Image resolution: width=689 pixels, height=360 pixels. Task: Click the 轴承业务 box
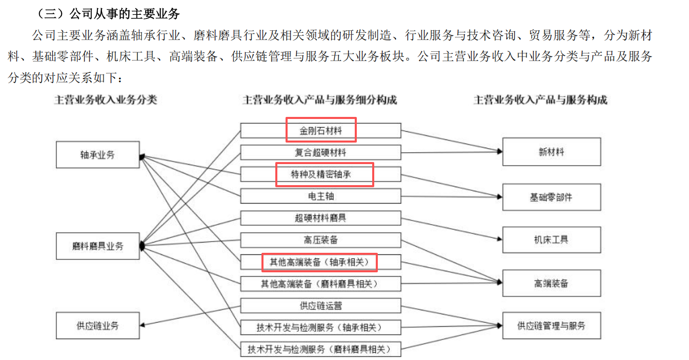pyautogui.click(x=97, y=154)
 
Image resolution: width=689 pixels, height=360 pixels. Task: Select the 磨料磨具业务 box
pyautogui.click(x=97, y=246)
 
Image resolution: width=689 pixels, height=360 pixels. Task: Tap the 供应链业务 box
pyautogui.click(x=97, y=325)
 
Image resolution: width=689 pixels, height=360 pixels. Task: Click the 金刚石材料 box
pyautogui.click(x=320, y=131)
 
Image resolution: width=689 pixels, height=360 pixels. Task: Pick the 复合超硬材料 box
pyautogui.click(x=320, y=152)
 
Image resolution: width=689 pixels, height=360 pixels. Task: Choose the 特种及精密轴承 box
pyautogui.click(x=320, y=174)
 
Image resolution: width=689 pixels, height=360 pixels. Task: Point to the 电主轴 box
pyautogui.click(x=320, y=196)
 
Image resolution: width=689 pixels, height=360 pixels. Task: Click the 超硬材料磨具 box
pyautogui.click(x=320, y=218)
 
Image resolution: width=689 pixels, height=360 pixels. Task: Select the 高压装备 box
pyautogui.click(x=320, y=239)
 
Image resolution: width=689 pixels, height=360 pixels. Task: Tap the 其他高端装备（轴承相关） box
pyautogui.click(x=320, y=262)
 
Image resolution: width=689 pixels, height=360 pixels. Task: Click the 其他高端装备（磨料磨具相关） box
pyautogui.click(x=320, y=283)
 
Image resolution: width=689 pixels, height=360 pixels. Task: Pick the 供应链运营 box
pyautogui.click(x=320, y=306)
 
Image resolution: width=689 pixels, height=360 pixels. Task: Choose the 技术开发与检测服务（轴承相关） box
pyautogui.click(x=320, y=327)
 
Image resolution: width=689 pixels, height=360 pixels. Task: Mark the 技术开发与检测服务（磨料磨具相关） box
pyautogui.click(x=320, y=349)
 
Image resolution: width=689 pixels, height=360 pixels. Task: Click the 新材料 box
pyautogui.click(x=551, y=152)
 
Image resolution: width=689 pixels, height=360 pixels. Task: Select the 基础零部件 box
pyautogui.click(x=551, y=196)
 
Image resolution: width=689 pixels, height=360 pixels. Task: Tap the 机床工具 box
pyautogui.click(x=551, y=239)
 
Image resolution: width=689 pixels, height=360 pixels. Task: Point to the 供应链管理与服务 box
pyautogui.click(x=551, y=325)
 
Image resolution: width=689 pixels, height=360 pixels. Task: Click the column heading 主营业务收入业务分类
pyautogui.click(x=106, y=100)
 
